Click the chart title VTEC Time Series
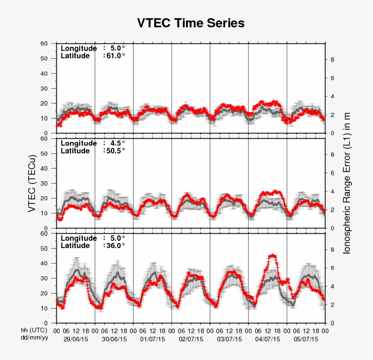pos(191,23)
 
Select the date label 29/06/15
pos(76,340)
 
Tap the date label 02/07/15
pos(191,340)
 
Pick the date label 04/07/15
pos(267,340)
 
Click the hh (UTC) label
pos(34,331)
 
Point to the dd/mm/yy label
pos(34,339)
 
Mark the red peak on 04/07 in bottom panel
pos(272,255)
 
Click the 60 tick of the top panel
pos(44,44)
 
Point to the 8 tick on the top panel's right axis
pos(332,60)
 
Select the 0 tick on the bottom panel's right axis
pos(332,323)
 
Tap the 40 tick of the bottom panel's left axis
pos(44,264)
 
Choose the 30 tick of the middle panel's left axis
pos(44,183)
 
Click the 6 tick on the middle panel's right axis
pos(332,173)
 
